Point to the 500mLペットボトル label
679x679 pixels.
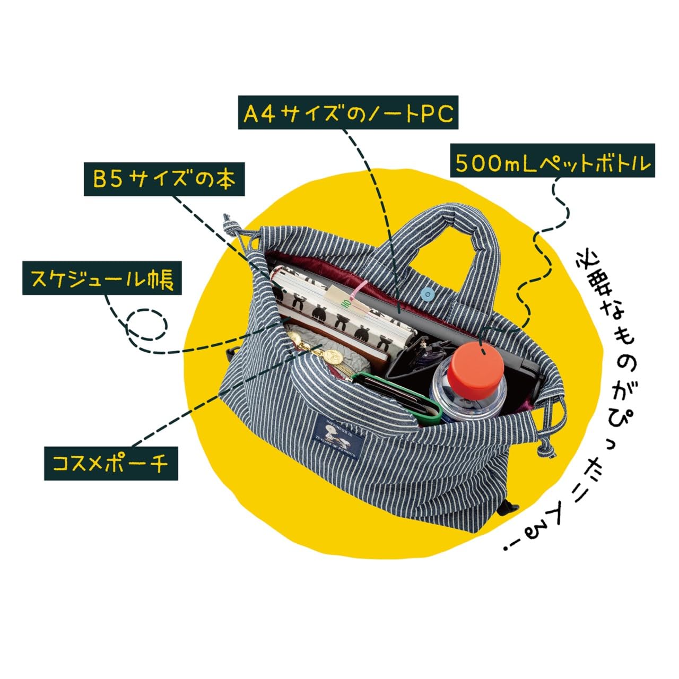(x=552, y=162)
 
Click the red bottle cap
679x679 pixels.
(x=475, y=366)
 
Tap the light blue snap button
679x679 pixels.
(x=428, y=292)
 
